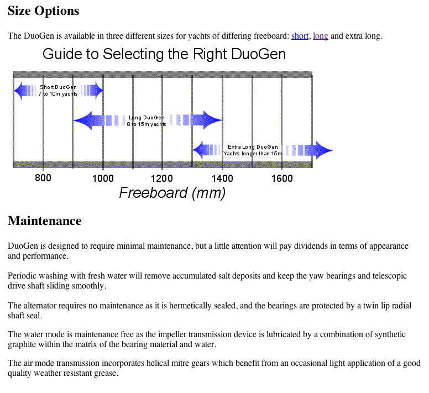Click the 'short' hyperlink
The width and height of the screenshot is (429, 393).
[300, 36]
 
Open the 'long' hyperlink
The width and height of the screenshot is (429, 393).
[321, 36]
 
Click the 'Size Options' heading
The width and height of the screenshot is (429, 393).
[44, 11]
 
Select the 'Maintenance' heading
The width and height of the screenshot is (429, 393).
[45, 221]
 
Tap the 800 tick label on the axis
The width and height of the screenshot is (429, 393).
[43, 178]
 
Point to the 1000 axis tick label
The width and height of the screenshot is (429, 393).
[103, 179]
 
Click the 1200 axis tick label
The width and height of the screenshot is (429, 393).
[162, 179]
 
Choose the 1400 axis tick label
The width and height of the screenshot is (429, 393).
[222, 179]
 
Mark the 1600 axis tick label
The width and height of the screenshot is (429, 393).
[282, 179]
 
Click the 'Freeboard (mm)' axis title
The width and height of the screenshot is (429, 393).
[172, 193]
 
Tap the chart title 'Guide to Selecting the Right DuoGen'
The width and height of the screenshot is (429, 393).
[164, 54]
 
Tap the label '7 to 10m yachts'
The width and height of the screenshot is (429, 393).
[58, 94]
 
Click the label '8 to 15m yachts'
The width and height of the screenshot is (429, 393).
[147, 124]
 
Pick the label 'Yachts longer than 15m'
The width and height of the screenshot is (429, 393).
[253, 154]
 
